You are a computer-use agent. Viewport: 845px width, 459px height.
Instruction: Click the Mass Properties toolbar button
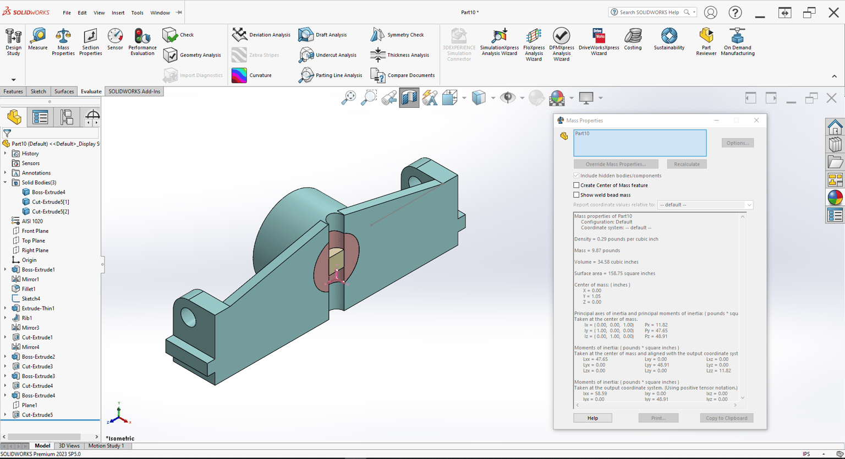(x=63, y=41)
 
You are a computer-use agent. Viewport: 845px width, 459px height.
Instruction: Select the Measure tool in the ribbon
(x=38, y=39)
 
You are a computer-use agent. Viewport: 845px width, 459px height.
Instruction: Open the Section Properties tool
(x=91, y=41)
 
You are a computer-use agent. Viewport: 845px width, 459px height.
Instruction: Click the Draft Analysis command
(x=322, y=35)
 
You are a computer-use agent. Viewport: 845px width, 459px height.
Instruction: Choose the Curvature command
(x=251, y=75)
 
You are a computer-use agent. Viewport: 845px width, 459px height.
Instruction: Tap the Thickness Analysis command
(x=400, y=54)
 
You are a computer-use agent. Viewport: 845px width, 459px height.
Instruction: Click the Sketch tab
(x=38, y=91)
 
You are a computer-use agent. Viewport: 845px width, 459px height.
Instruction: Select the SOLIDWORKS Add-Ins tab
(x=134, y=91)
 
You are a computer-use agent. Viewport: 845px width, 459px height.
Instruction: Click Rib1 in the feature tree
(x=27, y=318)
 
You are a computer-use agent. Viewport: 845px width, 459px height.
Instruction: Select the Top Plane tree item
(x=33, y=241)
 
